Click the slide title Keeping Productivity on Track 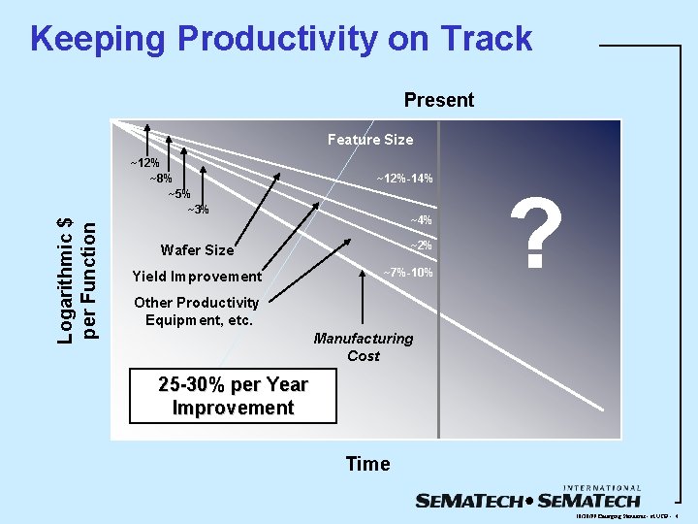pos(281,39)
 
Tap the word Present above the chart pos(438,100)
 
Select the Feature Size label pos(369,140)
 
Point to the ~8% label pos(160,178)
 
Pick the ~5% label pos(178,194)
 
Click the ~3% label pos(197,210)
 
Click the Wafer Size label pos(197,250)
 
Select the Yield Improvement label pos(197,277)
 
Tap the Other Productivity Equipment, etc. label pos(196,311)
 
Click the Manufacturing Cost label pos(363,347)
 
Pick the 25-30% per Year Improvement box pos(233,396)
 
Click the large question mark pos(542,238)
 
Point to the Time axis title pos(367,464)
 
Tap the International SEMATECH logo pos(528,497)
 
